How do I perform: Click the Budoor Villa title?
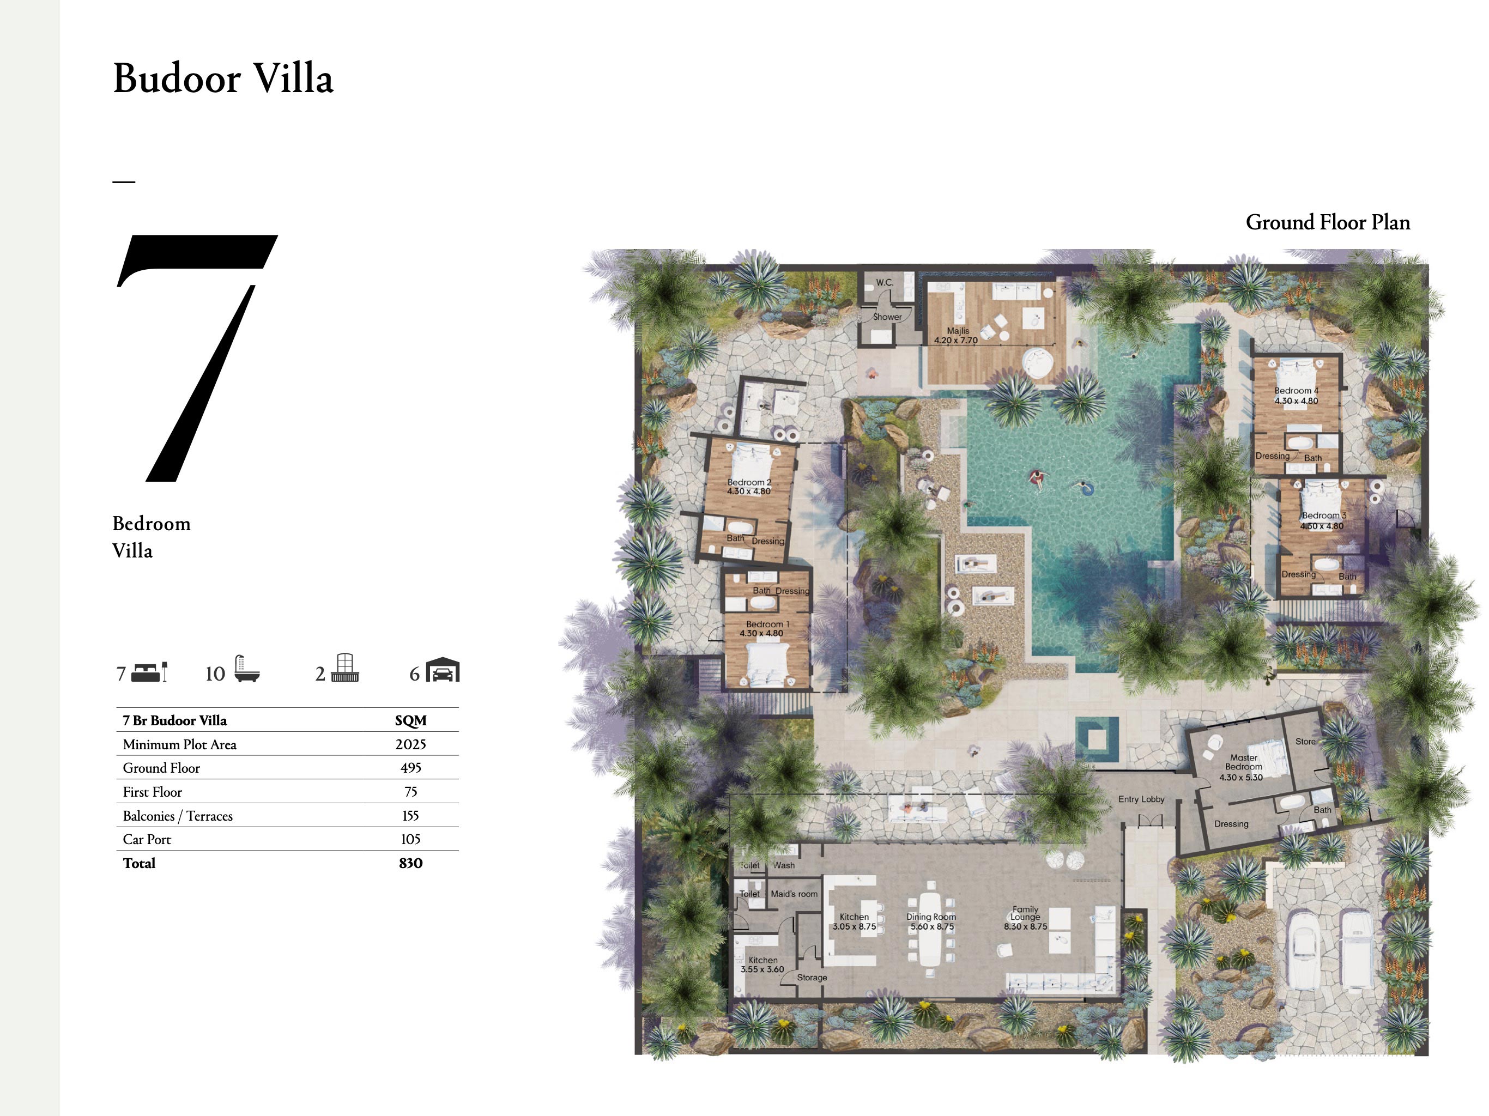click(223, 78)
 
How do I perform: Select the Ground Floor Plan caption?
click(1328, 223)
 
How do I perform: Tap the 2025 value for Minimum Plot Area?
click(410, 744)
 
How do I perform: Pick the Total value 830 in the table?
click(410, 863)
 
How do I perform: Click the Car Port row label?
click(147, 839)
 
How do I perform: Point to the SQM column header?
click(410, 721)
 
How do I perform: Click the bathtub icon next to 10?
click(246, 669)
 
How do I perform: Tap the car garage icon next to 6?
click(442, 670)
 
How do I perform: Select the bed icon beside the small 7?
click(149, 672)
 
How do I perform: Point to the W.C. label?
click(885, 283)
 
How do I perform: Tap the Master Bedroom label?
click(1243, 762)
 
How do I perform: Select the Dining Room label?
click(930, 917)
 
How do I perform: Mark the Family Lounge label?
click(1025, 913)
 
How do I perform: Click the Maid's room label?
click(794, 894)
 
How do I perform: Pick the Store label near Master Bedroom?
click(1305, 741)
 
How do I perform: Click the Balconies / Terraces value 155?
click(410, 816)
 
